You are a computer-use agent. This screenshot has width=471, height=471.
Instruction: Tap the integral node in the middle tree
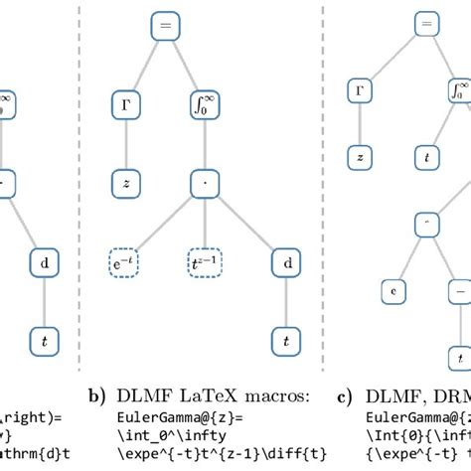204,100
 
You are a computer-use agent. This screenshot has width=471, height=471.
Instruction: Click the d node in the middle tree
286,263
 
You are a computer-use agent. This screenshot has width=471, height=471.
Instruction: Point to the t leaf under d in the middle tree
286,340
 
